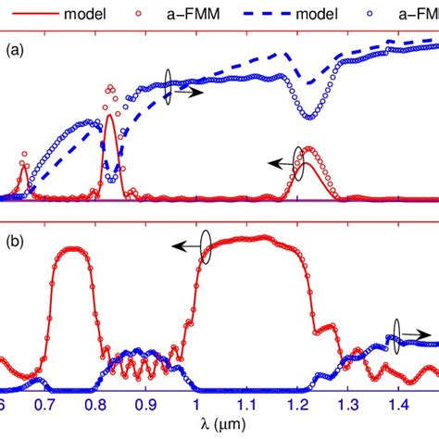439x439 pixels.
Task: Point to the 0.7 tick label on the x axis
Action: coord(44,406)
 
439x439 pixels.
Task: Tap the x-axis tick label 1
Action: coord(195,406)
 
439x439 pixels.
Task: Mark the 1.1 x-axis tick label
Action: coord(246,406)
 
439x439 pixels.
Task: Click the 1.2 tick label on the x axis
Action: coord(297,406)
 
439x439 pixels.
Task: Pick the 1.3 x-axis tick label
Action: coord(348,406)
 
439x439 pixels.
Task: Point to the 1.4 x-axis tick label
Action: coord(398,406)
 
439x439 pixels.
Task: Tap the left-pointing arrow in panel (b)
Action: coord(183,245)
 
